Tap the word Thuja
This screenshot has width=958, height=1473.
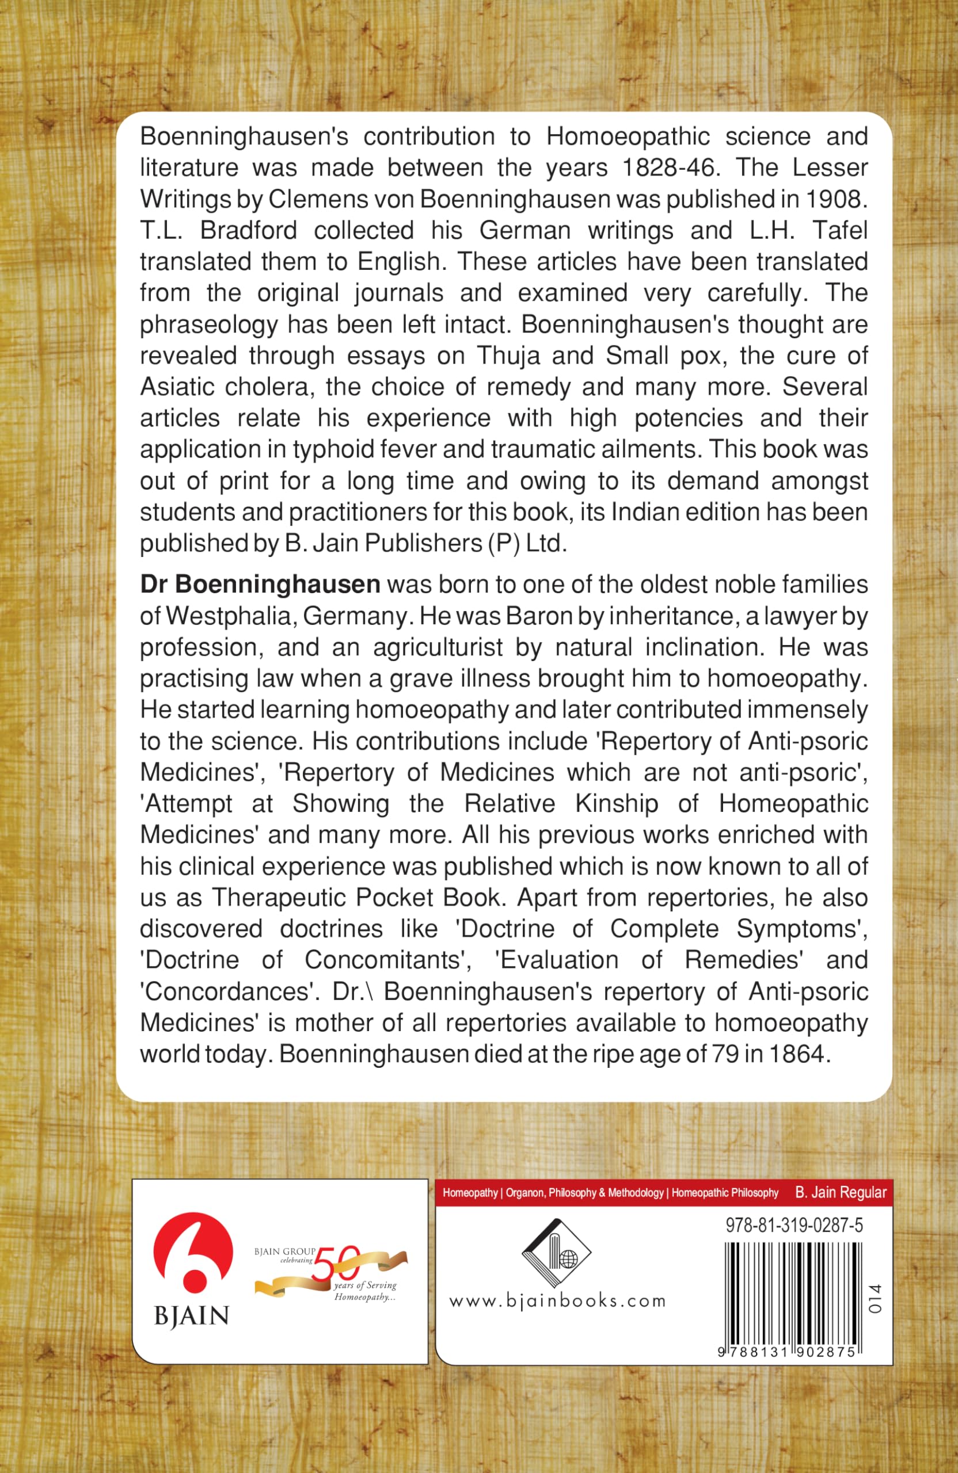(x=507, y=355)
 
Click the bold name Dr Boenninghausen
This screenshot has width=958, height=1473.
(x=260, y=584)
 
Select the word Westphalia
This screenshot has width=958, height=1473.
(x=230, y=616)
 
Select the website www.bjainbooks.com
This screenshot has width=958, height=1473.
(x=557, y=1301)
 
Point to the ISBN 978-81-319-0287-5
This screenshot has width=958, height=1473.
(x=794, y=1226)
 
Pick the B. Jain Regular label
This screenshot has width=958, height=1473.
(x=841, y=1193)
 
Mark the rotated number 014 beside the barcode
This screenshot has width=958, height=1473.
(x=875, y=1300)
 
